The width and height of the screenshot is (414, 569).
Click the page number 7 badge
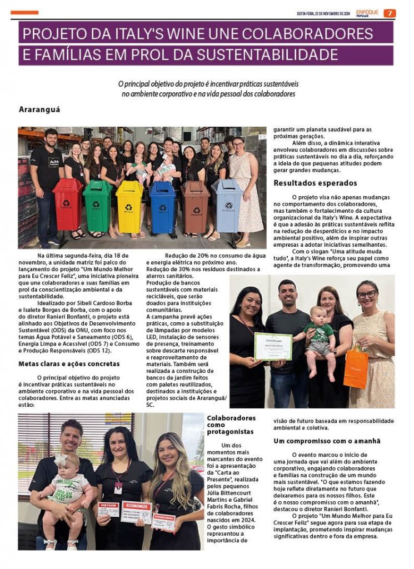[390, 13]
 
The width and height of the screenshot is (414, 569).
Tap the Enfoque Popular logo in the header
[367, 13]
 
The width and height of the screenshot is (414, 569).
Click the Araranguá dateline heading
[39, 109]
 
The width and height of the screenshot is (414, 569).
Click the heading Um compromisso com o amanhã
[327, 441]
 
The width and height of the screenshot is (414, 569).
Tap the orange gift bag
[356, 367]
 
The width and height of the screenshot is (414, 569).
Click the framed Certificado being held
[273, 346]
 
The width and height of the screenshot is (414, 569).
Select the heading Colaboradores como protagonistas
[231, 425]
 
